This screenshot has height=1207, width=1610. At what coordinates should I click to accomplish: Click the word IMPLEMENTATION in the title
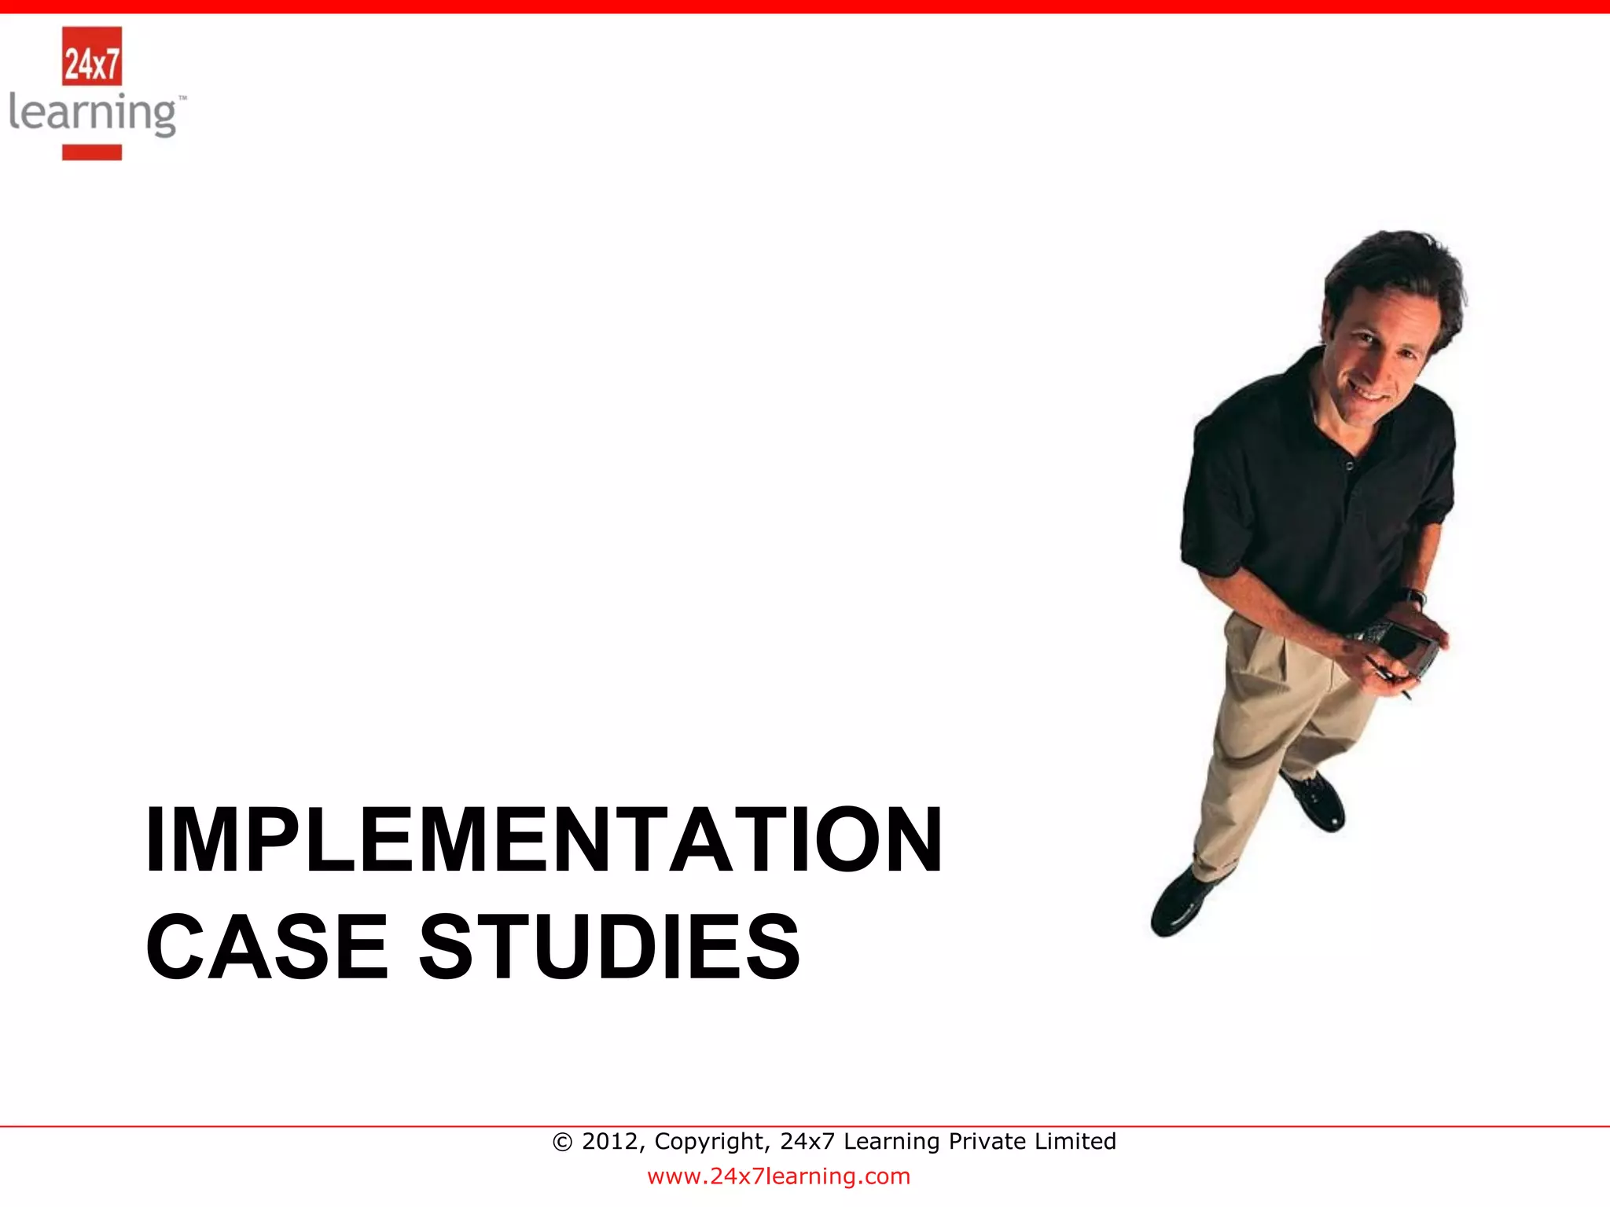544,840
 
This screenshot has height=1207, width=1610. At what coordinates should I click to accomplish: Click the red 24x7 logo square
92,56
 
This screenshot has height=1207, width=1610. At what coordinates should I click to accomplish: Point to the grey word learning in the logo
93,115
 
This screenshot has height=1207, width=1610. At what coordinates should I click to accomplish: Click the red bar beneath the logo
92,152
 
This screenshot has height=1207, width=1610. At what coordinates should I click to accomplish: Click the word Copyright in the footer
711,1141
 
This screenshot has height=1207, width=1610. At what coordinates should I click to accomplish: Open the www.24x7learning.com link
778,1176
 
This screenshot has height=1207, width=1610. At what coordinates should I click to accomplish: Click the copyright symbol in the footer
562,1142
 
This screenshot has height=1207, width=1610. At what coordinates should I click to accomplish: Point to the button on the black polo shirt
1349,465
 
